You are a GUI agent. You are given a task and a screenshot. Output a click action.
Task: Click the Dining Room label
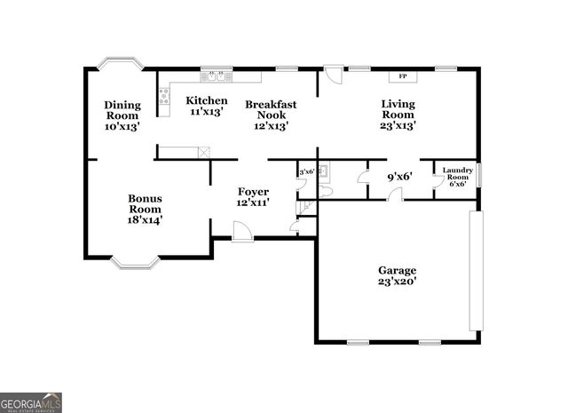click(122, 115)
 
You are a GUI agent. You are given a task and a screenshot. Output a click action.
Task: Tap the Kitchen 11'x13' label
click(207, 107)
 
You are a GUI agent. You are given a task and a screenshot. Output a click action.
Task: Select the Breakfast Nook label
click(271, 115)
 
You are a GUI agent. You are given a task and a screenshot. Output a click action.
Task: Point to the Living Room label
click(398, 115)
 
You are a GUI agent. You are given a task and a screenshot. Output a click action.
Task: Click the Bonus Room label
click(145, 209)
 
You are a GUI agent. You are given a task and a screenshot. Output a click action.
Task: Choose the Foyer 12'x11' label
click(253, 197)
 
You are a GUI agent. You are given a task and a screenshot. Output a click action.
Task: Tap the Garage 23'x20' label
click(397, 275)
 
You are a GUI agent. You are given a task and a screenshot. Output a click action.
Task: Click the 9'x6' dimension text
click(399, 176)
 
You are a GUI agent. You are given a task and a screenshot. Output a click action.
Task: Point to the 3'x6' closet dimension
click(307, 171)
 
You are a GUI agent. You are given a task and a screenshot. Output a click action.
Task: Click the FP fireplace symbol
click(403, 76)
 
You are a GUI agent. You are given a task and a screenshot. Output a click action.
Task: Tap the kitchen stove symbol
click(164, 95)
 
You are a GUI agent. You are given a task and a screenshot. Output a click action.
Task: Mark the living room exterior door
click(332, 75)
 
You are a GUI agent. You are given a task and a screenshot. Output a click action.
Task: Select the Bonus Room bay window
click(141, 262)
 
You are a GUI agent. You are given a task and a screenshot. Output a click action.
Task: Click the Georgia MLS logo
click(31, 401)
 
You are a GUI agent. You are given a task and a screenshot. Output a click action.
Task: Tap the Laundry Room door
click(438, 181)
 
